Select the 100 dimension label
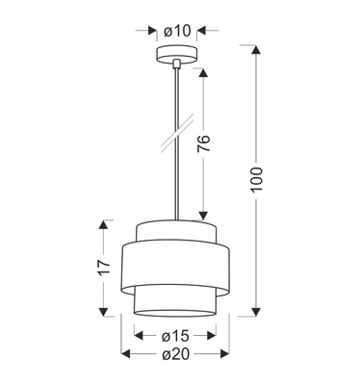point(256,180)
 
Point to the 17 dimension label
point(99,269)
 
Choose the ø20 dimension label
point(175,358)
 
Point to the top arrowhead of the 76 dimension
point(203,71)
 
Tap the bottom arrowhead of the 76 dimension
point(203,216)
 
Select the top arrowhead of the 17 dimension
point(100,224)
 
